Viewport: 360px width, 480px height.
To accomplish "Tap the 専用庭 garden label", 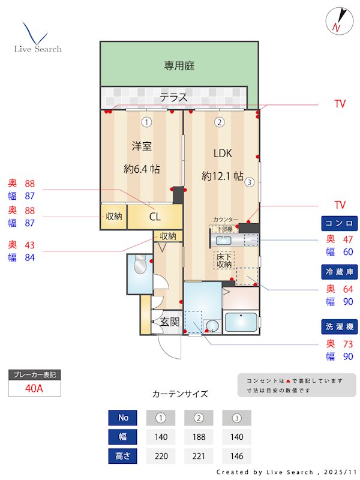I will click(x=179, y=66).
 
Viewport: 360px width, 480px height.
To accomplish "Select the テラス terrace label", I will click(x=173, y=97).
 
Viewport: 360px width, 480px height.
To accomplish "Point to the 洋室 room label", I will click(x=142, y=145).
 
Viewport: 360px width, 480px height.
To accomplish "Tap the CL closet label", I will click(x=154, y=217).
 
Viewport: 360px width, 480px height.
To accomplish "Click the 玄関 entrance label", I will click(x=170, y=322).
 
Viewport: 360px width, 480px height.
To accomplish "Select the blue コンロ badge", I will click(x=340, y=223).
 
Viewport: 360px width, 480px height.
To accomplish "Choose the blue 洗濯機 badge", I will click(x=340, y=327).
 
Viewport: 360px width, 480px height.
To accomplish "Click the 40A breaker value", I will click(x=35, y=388).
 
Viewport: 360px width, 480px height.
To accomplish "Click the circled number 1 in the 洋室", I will click(x=146, y=122).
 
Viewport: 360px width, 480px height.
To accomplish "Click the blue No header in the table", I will click(x=123, y=418).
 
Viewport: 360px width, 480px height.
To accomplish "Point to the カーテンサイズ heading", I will click(x=180, y=394).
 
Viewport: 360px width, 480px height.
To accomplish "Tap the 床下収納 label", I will click(x=224, y=260).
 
